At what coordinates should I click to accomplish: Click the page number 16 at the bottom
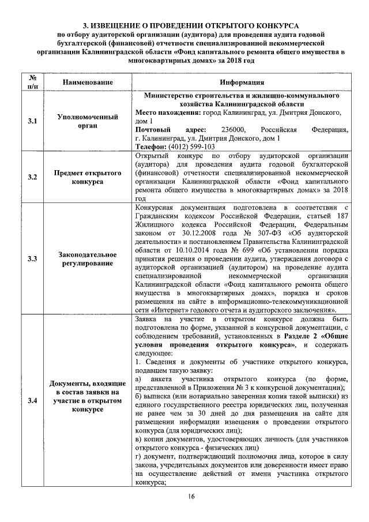point(192,497)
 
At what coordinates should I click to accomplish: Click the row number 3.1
point(32,121)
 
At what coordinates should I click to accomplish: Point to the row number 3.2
point(32,177)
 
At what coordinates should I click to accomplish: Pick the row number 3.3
point(32,258)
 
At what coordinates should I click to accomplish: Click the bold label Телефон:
point(149,147)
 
